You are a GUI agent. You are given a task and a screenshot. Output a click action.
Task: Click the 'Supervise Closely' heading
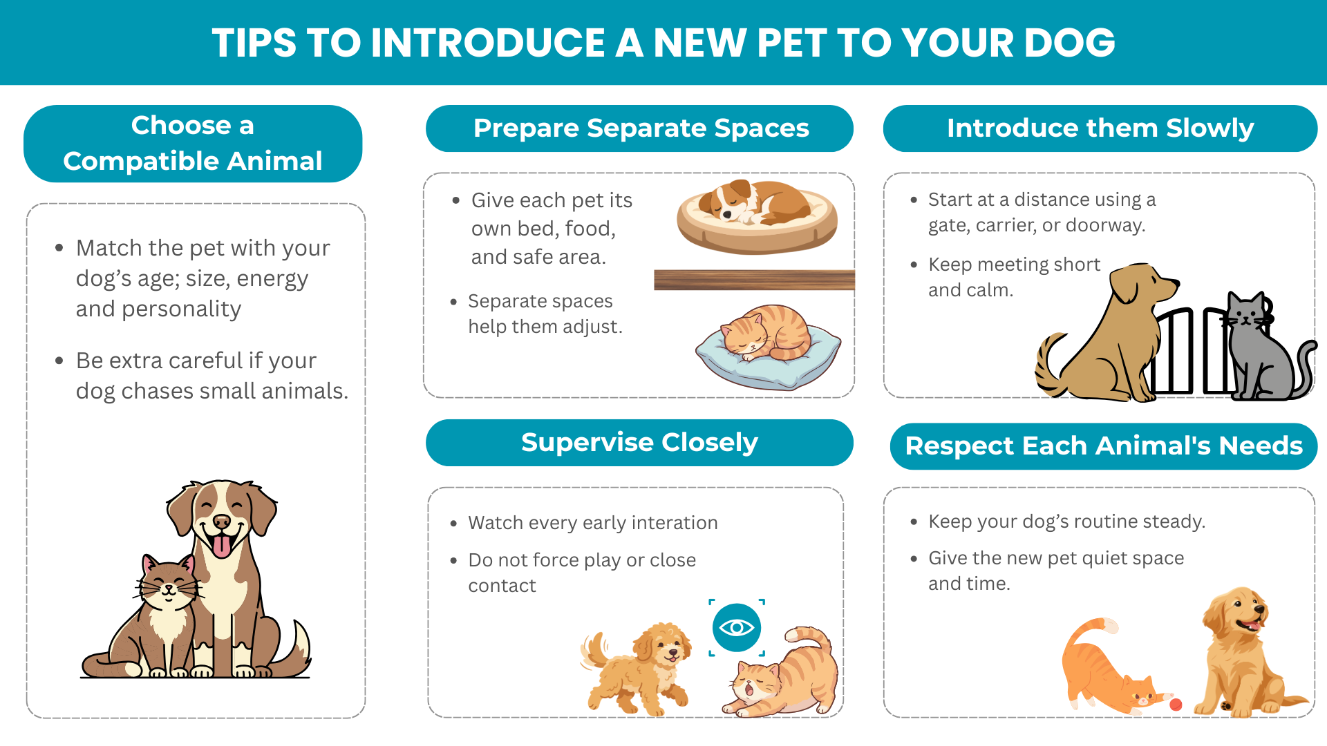639,442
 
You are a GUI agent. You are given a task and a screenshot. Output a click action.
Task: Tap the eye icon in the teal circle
737,627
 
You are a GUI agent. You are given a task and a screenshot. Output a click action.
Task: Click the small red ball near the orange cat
1176,705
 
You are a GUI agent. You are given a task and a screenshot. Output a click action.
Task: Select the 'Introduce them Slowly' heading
1100,128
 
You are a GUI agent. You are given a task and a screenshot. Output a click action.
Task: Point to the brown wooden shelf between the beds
754,280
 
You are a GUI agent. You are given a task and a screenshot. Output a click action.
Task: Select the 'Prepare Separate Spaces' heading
641,128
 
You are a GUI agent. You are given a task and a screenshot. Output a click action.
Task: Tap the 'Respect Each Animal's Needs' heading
1104,446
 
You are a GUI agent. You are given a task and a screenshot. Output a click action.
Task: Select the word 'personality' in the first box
181,309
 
